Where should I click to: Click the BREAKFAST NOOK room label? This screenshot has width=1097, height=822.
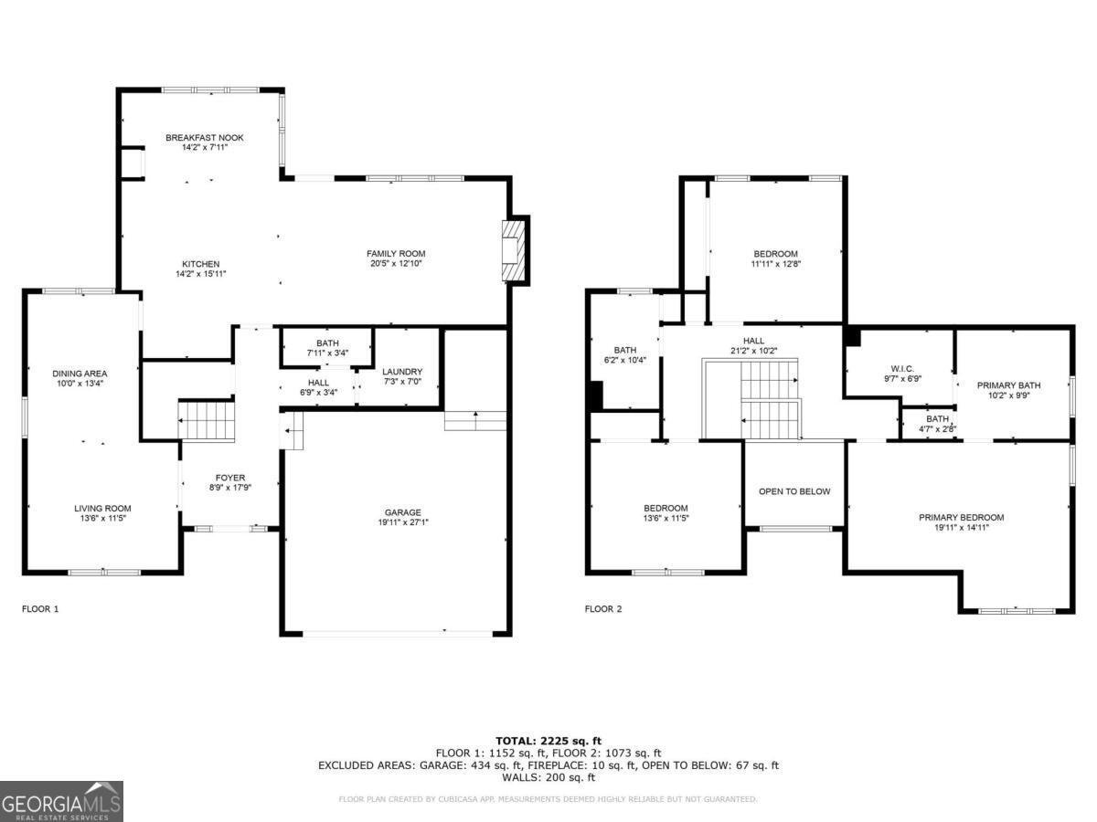[x=204, y=138]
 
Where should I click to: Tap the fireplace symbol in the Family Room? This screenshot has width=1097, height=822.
[x=516, y=250]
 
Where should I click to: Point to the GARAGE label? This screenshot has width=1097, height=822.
[x=402, y=512]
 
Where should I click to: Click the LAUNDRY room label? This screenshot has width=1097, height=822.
[x=402, y=372]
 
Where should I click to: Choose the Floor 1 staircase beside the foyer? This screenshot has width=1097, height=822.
[x=208, y=421]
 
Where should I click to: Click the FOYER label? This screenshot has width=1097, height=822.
[x=229, y=478]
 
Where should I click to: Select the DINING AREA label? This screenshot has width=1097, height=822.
[x=80, y=374]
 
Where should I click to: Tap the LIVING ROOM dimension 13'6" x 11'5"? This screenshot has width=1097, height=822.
[x=102, y=519]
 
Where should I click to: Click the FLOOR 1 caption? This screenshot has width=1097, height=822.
[x=40, y=608]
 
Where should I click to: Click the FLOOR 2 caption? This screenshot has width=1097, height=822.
[x=603, y=608]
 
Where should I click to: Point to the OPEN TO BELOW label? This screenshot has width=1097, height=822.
[x=794, y=491]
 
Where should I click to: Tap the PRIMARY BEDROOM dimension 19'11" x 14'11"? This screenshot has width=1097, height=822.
[x=961, y=527]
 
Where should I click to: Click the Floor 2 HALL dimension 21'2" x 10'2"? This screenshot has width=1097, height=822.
[x=753, y=351]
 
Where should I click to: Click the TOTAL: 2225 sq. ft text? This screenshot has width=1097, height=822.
[x=548, y=741]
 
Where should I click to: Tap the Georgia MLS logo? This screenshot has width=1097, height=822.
[x=61, y=801]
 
